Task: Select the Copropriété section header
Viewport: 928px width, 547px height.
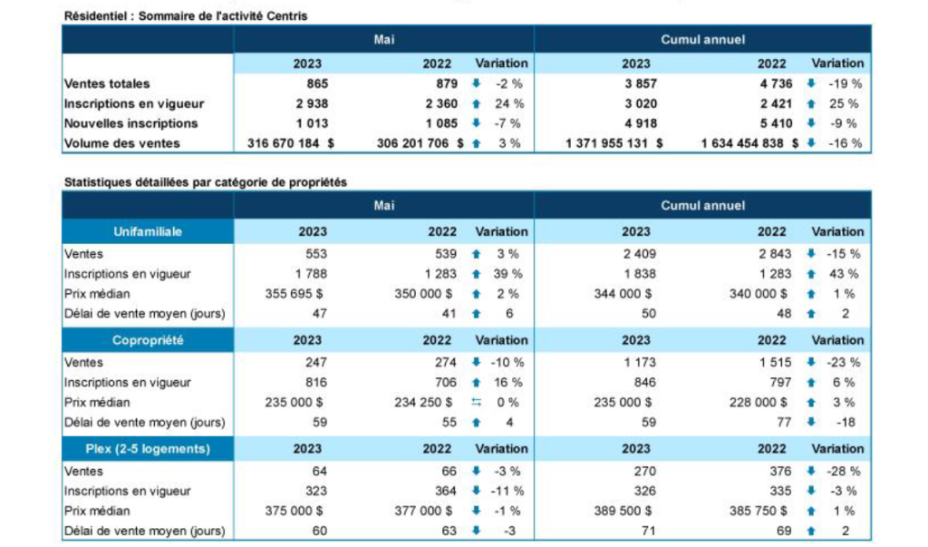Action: [148, 340]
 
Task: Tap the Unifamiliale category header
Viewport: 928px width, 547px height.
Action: [148, 231]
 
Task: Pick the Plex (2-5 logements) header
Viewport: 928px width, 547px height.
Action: [148, 449]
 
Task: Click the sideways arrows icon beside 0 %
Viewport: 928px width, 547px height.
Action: [475, 403]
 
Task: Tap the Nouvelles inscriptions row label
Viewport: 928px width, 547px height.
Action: [130, 123]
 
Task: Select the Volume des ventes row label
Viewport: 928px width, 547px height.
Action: [122, 143]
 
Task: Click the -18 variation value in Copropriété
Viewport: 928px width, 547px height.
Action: [849, 422]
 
